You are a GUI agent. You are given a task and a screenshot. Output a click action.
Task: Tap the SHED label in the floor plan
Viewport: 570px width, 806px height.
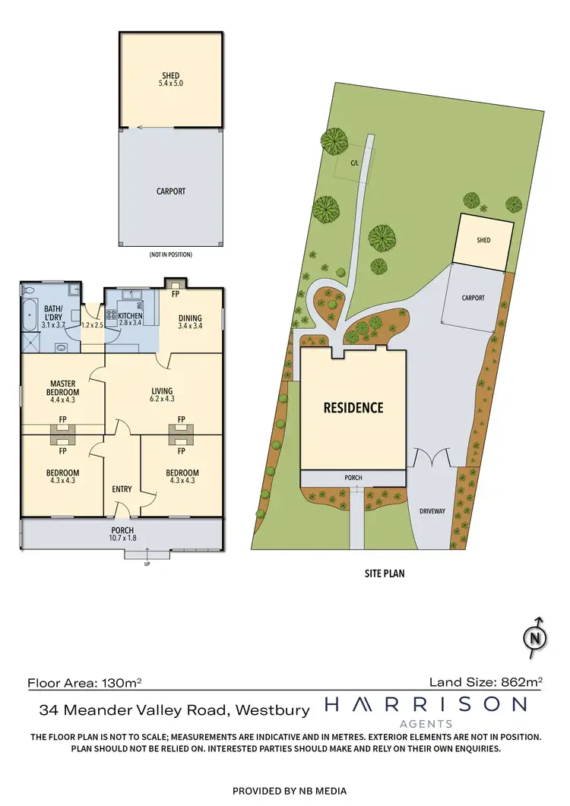[x=170, y=75]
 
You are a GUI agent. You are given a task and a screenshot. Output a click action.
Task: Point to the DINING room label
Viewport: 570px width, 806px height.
[x=190, y=318]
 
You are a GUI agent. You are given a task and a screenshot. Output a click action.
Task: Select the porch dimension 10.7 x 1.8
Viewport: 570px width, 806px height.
[x=122, y=539]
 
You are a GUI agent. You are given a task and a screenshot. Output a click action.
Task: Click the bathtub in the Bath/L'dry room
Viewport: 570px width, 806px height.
[x=29, y=314]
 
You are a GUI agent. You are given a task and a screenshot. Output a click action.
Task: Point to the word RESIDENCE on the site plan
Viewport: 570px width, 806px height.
[x=353, y=408]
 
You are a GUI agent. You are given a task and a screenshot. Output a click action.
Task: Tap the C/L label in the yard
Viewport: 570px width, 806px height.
[x=354, y=162]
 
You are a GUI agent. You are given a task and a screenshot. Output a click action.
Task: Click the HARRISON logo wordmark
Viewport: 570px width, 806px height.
[x=425, y=706]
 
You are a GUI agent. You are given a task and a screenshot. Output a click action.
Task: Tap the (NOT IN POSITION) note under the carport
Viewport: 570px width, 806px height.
[x=170, y=254]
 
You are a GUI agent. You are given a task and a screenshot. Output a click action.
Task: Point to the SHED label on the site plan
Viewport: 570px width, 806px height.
[x=483, y=240]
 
